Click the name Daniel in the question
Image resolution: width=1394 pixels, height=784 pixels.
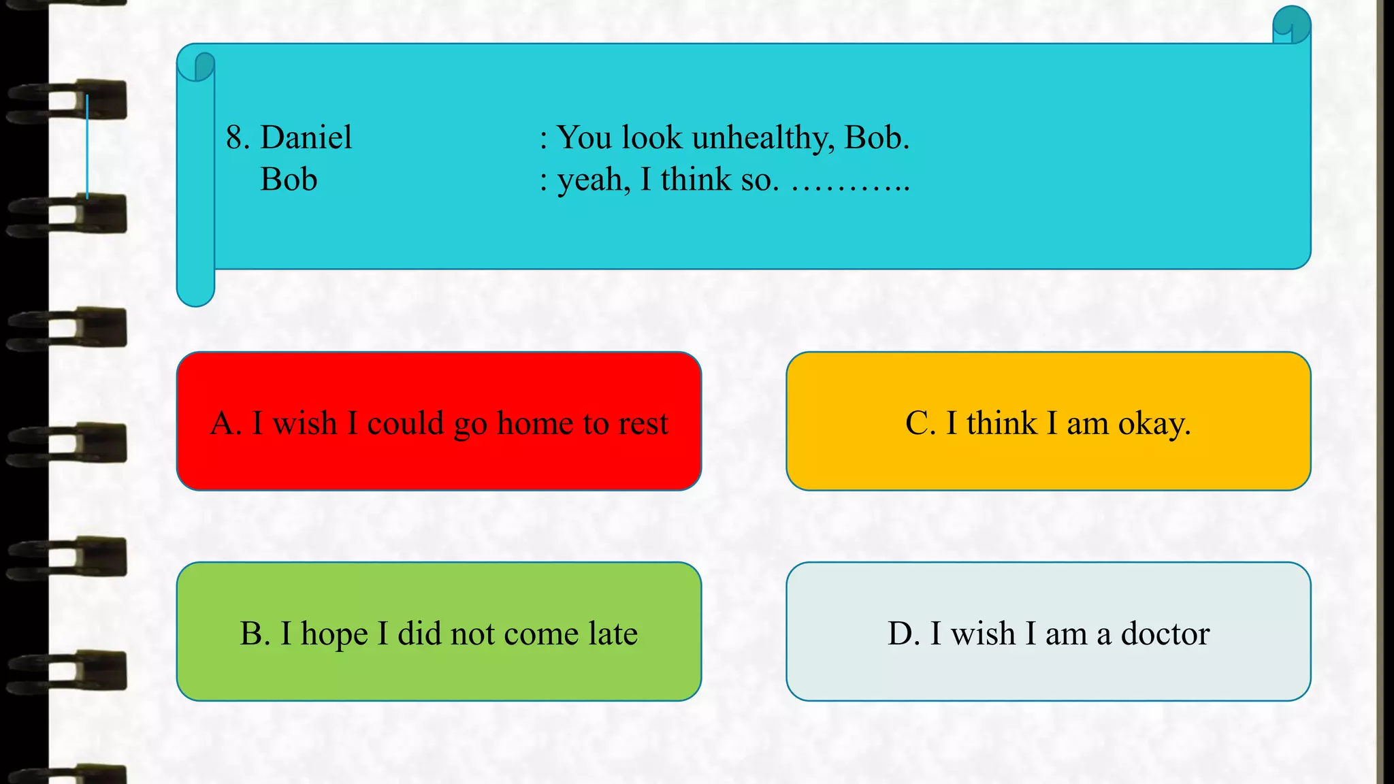(x=306, y=137)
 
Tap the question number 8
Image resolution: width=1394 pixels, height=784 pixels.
(x=235, y=137)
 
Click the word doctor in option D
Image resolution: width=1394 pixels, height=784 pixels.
(x=1165, y=634)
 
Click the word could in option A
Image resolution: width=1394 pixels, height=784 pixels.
(x=405, y=423)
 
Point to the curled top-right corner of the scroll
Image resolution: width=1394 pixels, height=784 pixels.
(x=1291, y=25)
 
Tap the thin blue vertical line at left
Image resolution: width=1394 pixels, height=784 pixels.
(x=87, y=146)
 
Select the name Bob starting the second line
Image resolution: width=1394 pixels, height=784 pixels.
(x=289, y=180)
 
